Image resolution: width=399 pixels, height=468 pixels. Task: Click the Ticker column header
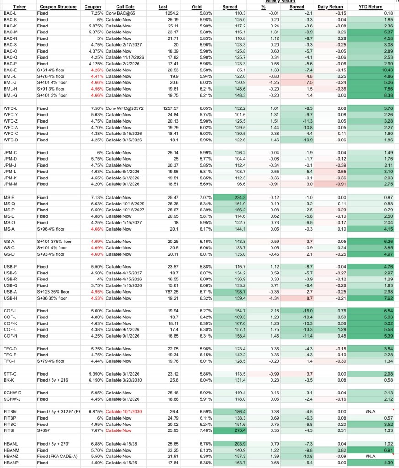point(19,7)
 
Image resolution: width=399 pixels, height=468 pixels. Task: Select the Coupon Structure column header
point(58,7)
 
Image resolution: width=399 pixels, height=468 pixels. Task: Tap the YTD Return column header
point(370,7)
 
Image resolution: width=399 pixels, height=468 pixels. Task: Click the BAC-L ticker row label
point(10,13)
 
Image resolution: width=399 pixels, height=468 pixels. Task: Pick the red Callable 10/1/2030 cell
point(124,411)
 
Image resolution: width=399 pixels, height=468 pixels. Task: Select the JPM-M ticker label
point(11,184)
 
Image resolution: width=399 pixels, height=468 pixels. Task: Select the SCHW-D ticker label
point(12,393)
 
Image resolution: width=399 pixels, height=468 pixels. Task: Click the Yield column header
point(197,7)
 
